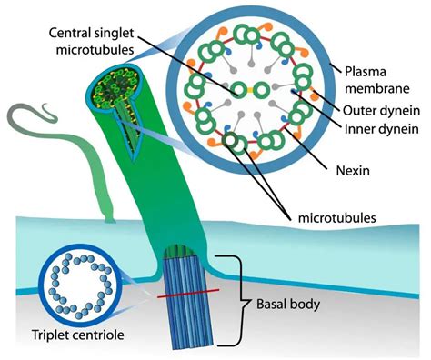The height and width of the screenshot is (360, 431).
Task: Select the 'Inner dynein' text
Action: (x=379, y=131)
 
